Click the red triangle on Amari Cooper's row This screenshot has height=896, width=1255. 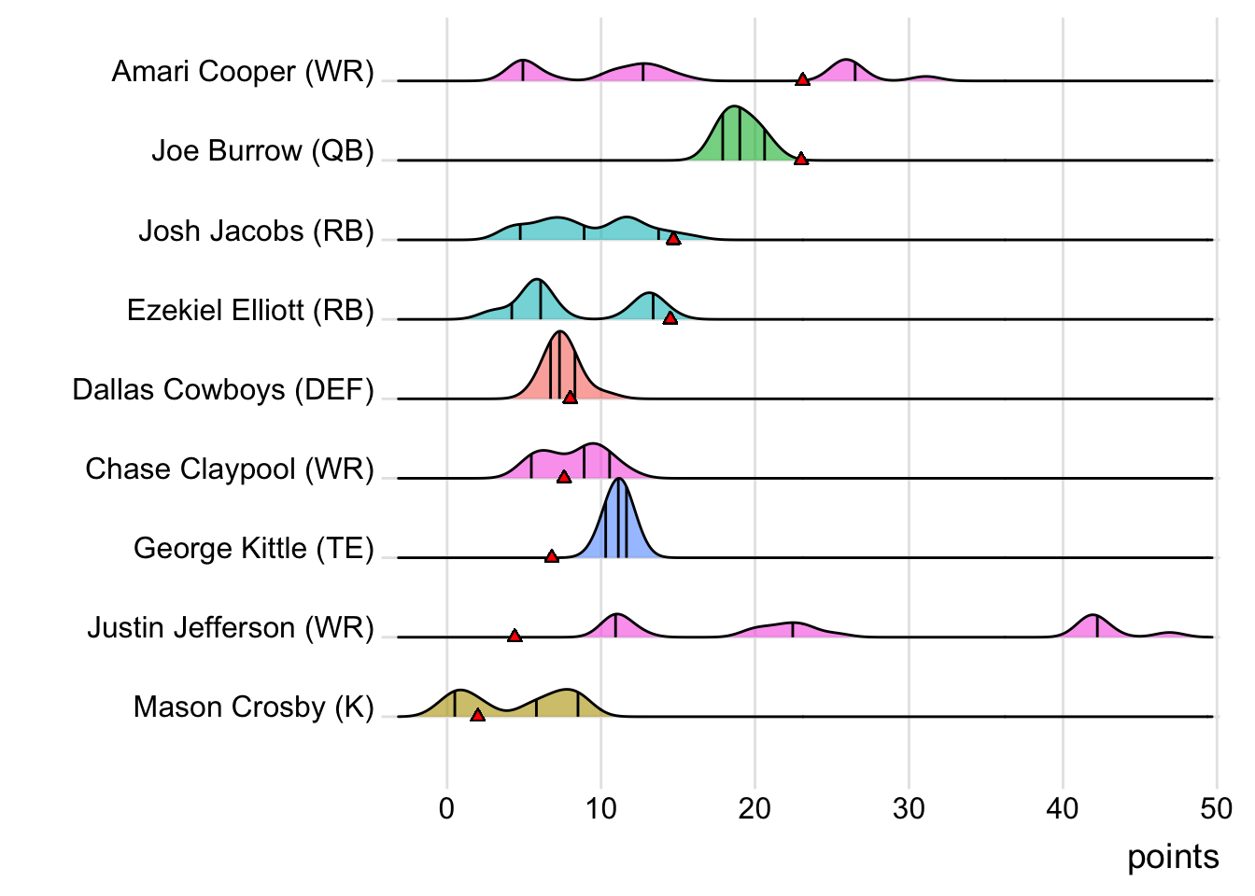pos(802,79)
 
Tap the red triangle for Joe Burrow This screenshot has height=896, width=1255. pos(800,159)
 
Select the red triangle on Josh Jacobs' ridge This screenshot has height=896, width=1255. pos(673,239)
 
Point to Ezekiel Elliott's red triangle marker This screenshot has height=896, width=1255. pos(670,318)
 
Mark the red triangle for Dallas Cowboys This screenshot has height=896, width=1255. pos(571,398)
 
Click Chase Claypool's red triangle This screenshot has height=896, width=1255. pos(564,477)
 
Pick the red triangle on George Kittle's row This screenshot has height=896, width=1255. pos(552,556)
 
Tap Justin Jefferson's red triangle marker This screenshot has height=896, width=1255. pos(515,636)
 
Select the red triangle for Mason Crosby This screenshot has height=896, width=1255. pos(477,715)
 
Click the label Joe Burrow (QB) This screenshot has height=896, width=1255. pos(262,150)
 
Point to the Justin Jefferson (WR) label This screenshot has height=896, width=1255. pos(231,627)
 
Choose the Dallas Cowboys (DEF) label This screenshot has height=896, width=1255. pos(223,389)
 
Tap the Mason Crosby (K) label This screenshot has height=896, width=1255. pos(253,707)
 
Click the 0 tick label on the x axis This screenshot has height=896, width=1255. pos(447,808)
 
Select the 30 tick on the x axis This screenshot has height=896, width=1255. pos(909,808)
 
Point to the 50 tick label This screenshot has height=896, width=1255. pos(1216,808)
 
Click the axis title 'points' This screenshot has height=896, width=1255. pos(1173,857)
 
